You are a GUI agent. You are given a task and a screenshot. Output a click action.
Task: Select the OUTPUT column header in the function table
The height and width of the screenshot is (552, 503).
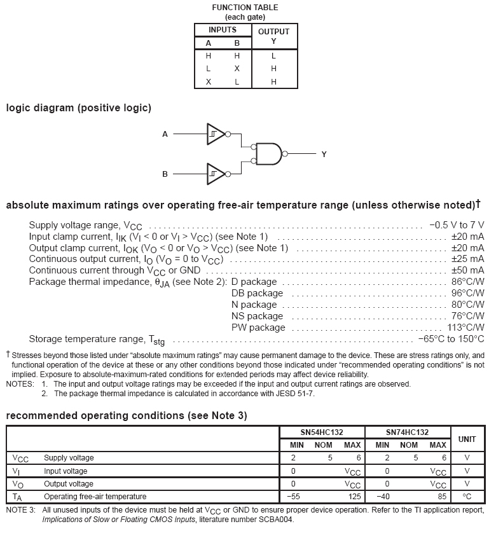273,31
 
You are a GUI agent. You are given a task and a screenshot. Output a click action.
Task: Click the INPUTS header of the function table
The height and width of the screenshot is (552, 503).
223,30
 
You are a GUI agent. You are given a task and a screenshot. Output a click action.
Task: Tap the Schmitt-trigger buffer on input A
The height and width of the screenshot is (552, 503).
216,134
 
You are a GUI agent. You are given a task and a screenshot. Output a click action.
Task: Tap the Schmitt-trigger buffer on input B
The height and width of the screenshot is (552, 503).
216,174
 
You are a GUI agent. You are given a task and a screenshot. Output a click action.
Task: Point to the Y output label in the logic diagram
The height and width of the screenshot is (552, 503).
324,154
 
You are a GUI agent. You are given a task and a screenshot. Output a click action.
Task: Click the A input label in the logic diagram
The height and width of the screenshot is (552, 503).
165,134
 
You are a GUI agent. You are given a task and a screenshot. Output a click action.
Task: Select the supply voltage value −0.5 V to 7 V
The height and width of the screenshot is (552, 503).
456,225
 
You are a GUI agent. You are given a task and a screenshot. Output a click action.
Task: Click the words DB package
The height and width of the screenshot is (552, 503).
257,293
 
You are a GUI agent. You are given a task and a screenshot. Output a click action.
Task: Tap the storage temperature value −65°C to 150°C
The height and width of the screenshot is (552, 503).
451,339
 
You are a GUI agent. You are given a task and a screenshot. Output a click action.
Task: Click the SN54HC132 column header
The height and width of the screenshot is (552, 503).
322,432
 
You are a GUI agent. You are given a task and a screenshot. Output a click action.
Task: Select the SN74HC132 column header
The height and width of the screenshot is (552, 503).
407,432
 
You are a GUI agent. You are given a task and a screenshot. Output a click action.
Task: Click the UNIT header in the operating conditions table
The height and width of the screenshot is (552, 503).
467,439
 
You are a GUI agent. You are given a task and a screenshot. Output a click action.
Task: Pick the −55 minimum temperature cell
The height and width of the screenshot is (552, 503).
293,497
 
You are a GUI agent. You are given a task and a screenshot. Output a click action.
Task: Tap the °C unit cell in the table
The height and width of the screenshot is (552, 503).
467,497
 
